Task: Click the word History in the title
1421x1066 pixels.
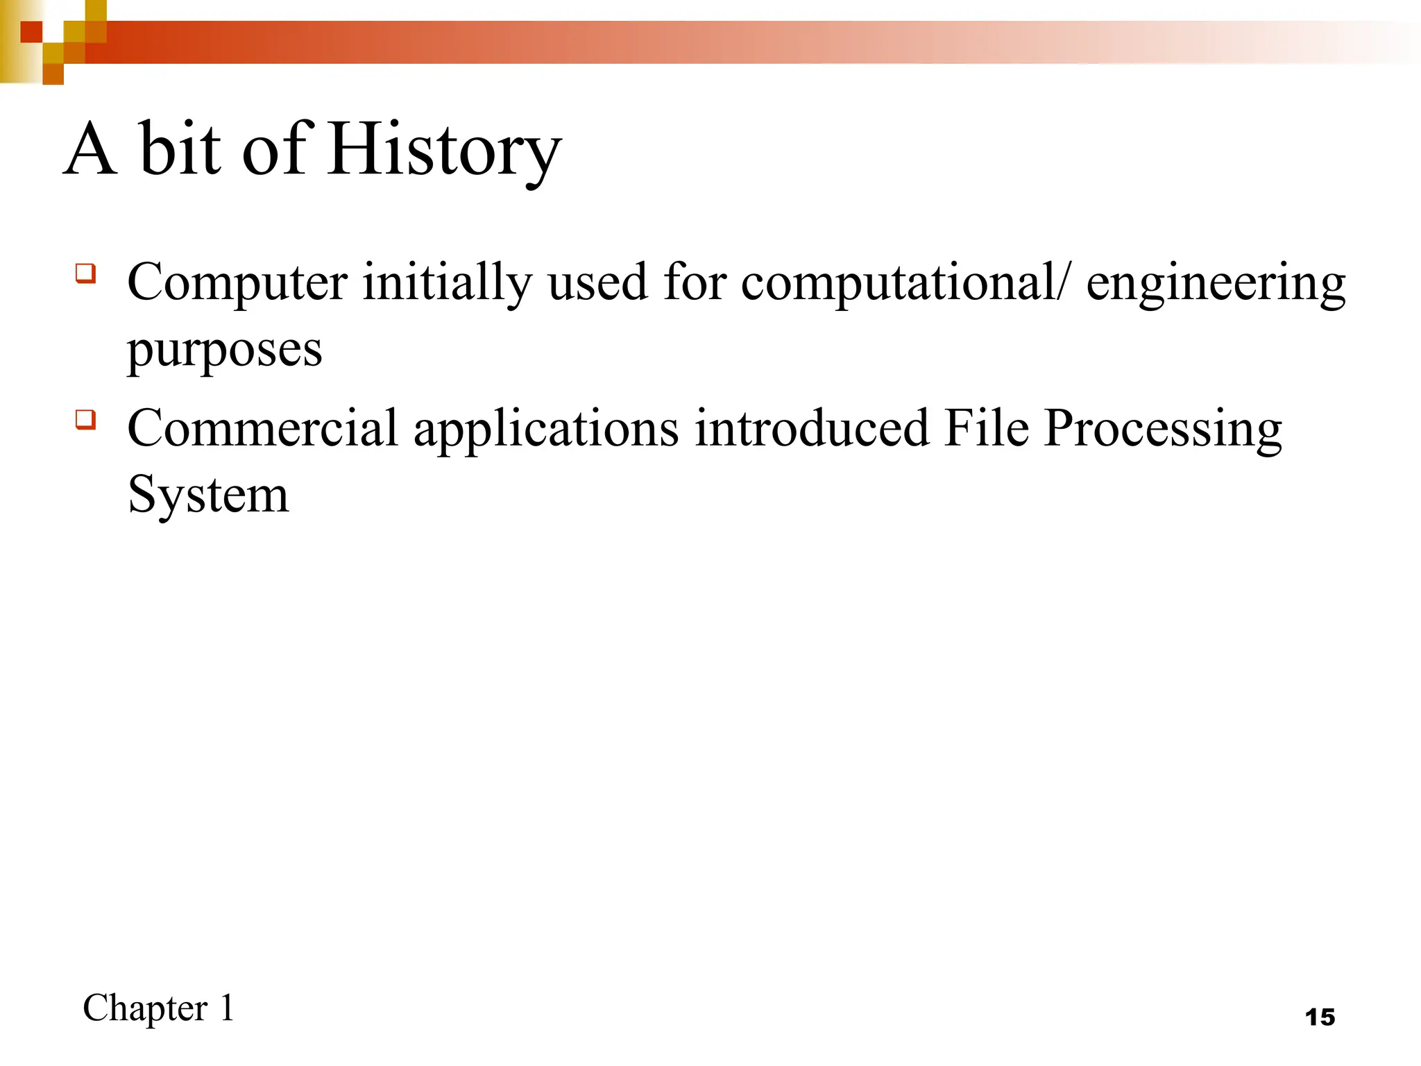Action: pyautogui.click(x=444, y=149)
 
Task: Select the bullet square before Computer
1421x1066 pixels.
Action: pyautogui.click(x=85, y=273)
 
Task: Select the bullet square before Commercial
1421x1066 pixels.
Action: pyautogui.click(x=85, y=419)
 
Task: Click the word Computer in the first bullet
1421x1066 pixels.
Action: pyautogui.click(x=237, y=283)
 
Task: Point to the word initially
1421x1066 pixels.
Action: pyautogui.click(x=448, y=283)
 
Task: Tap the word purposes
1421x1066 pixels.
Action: pyautogui.click(x=225, y=350)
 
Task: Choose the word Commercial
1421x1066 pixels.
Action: pyautogui.click(x=262, y=428)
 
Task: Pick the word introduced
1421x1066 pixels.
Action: pyautogui.click(x=811, y=428)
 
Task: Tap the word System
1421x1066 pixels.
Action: pyautogui.click(x=208, y=496)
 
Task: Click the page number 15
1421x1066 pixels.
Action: pyautogui.click(x=1320, y=1017)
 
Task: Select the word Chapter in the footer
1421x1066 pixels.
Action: pyautogui.click(x=145, y=1008)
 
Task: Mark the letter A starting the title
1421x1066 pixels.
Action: pyautogui.click(x=90, y=149)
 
